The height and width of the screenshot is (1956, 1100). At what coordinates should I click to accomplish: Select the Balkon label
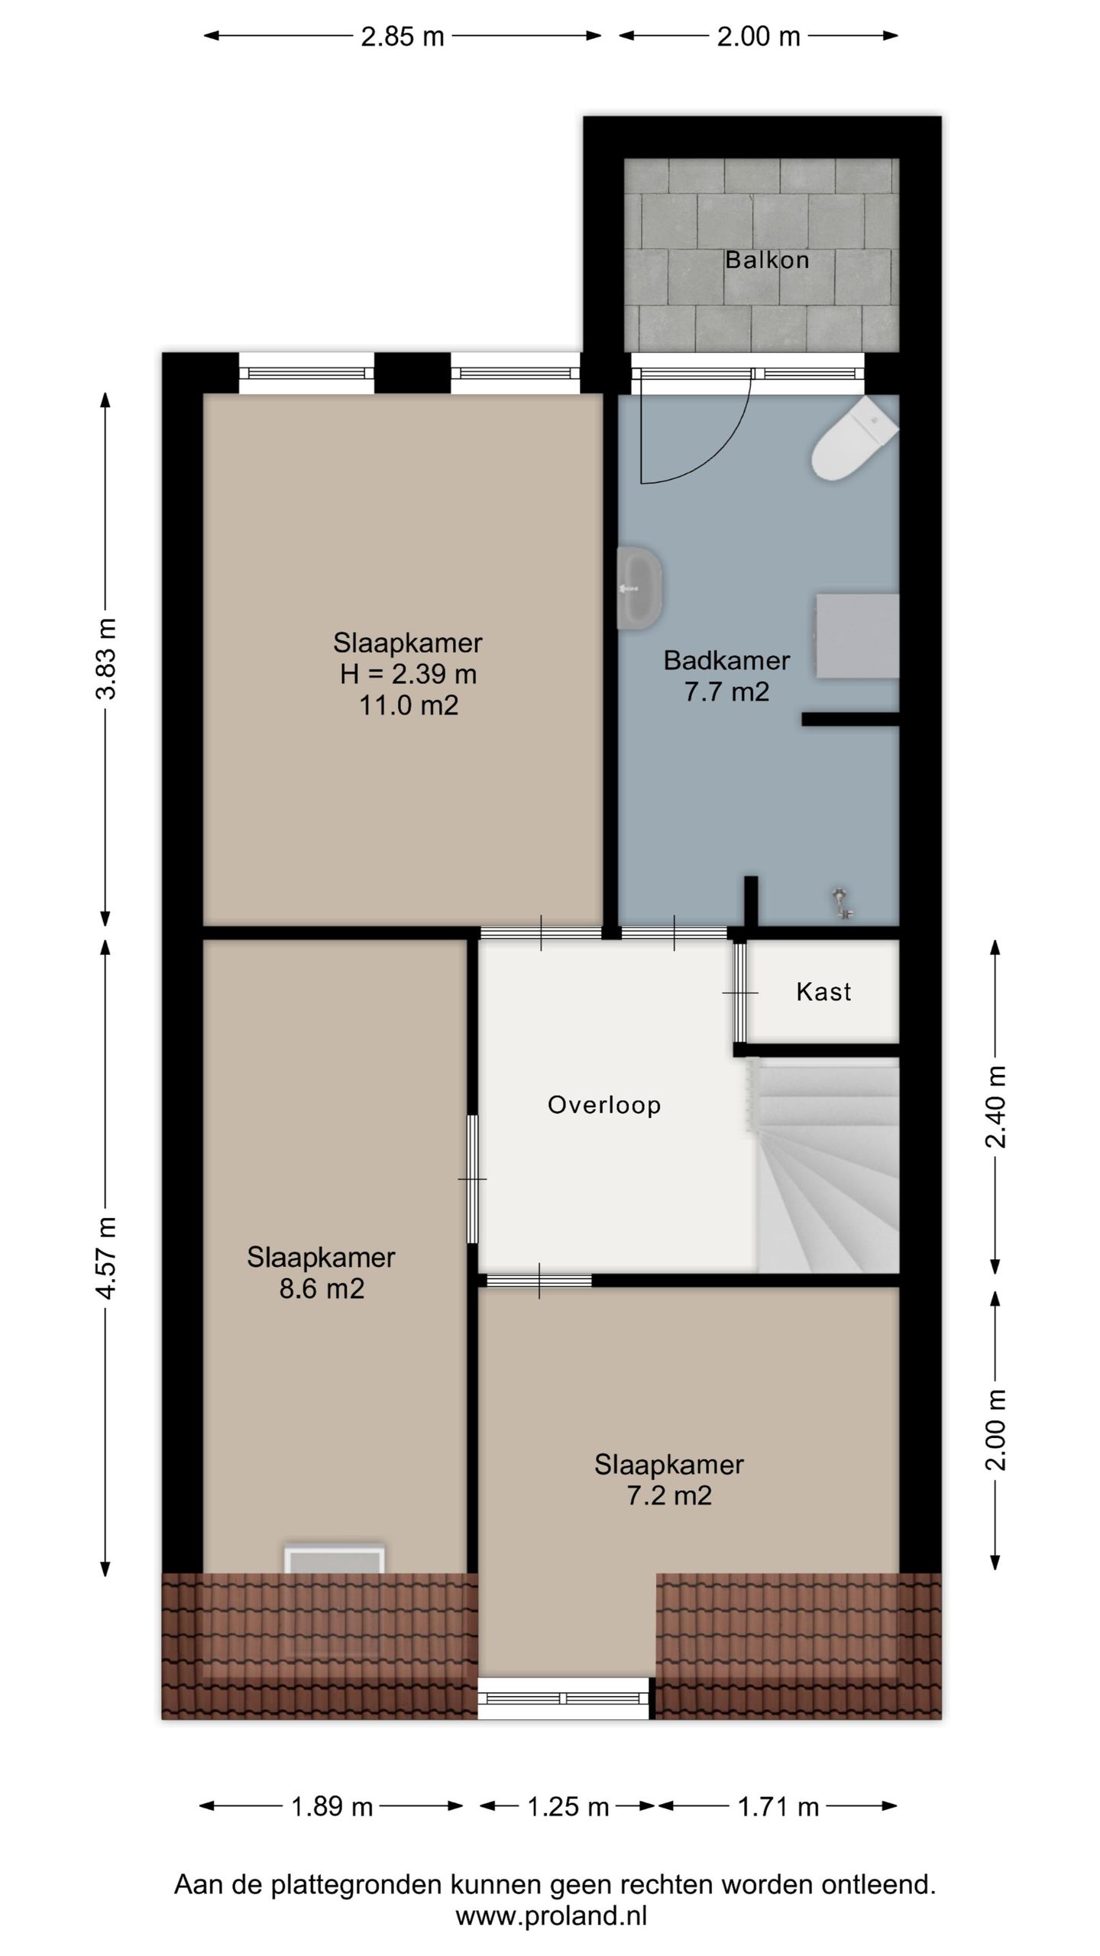[767, 260]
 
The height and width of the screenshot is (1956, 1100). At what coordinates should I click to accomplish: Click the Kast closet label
[823, 992]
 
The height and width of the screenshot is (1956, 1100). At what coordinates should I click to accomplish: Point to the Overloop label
[604, 1105]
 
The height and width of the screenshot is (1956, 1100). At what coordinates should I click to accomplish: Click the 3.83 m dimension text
[107, 659]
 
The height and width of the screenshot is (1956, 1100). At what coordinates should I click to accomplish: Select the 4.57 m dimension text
[107, 1258]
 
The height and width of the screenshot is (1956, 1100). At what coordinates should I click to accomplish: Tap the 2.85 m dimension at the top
[403, 37]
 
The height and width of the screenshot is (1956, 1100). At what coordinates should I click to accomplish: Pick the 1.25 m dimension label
[568, 1807]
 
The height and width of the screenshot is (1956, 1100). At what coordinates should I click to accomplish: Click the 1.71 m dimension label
[778, 1807]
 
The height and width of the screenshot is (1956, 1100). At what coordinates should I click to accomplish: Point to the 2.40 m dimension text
[995, 1106]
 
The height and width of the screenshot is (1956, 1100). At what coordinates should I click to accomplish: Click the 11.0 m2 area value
[409, 705]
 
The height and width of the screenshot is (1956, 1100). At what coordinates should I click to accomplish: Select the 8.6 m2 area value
[322, 1289]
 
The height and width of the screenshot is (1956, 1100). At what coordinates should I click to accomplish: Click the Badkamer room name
[726, 660]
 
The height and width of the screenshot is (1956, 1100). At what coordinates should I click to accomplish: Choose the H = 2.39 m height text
[409, 674]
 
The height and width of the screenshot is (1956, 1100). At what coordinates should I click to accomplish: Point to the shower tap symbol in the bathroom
[842, 902]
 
